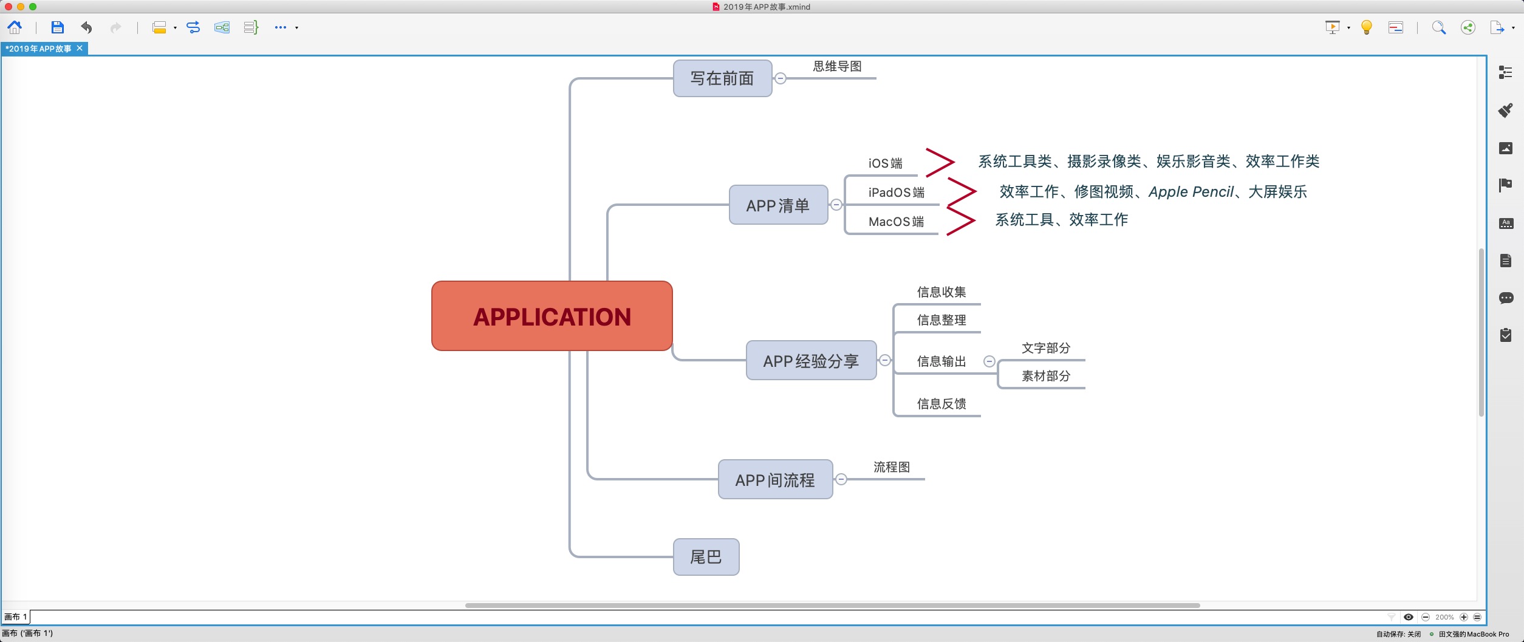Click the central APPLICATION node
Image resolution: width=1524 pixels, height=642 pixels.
(x=552, y=316)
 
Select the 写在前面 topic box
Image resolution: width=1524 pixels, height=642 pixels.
(x=722, y=78)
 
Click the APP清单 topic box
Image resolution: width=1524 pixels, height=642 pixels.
(x=778, y=205)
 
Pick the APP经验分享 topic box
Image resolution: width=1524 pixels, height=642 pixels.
(x=811, y=361)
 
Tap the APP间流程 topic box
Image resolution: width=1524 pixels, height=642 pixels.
(x=775, y=480)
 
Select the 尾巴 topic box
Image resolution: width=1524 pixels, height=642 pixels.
(x=706, y=556)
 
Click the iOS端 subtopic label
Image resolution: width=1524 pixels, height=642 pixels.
(x=885, y=163)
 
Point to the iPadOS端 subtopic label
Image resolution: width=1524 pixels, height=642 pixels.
(x=896, y=193)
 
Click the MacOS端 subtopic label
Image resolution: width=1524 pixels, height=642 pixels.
(x=896, y=222)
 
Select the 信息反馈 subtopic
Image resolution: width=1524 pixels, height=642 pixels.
(x=941, y=404)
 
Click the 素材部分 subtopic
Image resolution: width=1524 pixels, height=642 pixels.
(x=1045, y=376)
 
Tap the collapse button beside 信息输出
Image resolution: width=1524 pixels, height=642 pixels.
(x=989, y=361)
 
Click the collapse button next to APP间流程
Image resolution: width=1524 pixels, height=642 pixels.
(x=841, y=479)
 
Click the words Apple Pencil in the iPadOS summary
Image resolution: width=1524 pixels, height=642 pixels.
(x=1191, y=192)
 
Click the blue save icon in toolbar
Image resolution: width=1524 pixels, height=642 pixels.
(x=57, y=27)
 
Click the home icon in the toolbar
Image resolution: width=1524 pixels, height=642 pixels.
(x=15, y=27)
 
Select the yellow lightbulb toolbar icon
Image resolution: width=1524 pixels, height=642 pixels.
(x=1367, y=27)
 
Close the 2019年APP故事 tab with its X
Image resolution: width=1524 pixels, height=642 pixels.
(x=80, y=48)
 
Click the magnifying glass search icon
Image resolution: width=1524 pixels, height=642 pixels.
(x=1438, y=27)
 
